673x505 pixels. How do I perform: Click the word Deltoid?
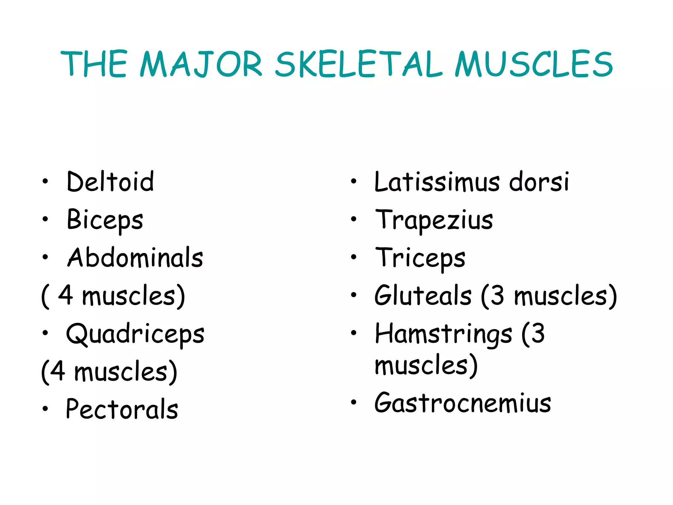pos(110,181)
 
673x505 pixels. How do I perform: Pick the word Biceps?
pos(105,220)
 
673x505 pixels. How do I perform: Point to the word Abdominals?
pos(135,257)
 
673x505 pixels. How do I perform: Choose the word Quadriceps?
pos(135,334)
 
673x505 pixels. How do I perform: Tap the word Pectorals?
pos(122,409)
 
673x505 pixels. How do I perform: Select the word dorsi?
pos(539,181)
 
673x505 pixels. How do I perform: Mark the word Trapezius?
pos(434,220)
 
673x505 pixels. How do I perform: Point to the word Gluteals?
pos(423,295)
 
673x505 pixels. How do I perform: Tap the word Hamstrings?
pos(443,334)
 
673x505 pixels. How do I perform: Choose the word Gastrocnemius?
pos(463,403)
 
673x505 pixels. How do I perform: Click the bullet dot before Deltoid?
pos(45,181)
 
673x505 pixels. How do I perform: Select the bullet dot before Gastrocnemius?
pos(354,402)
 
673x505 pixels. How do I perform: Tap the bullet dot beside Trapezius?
pos(354,219)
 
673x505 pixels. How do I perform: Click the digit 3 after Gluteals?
pos(497,295)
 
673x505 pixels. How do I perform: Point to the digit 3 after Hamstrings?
pos(538,333)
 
